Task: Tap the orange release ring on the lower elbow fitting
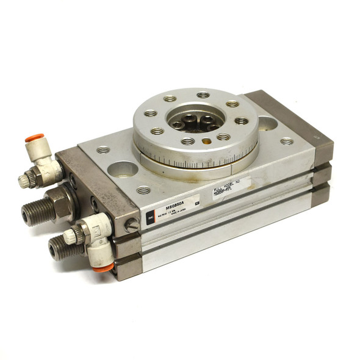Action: [x=101, y=266]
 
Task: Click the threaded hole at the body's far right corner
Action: [x=286, y=141]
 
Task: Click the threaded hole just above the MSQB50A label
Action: [x=143, y=190]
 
